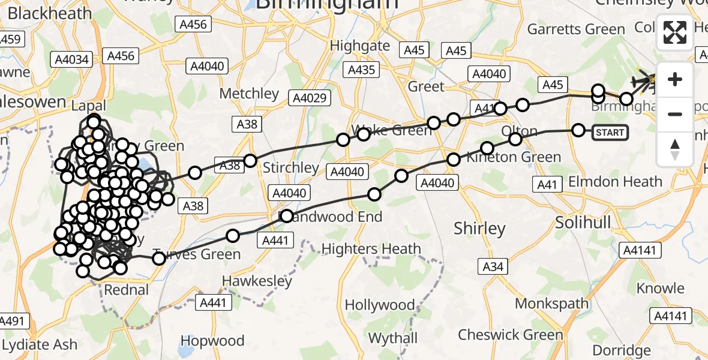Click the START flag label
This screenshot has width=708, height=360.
611,132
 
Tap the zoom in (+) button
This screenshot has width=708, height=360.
675,79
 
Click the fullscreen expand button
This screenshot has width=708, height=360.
675,32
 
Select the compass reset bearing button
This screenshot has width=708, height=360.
675,148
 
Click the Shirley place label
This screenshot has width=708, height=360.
479,229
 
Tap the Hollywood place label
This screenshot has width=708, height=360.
380,305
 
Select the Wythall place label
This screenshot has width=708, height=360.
392,338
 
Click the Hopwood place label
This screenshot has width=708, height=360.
212,340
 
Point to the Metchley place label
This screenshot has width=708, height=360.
249,94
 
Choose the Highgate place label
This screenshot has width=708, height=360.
360,46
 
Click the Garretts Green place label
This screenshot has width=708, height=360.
575,29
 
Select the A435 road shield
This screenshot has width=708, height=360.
362,70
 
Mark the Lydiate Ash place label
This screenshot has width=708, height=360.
40,344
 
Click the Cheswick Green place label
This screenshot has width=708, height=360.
511,334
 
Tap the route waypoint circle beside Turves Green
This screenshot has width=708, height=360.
159,259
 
